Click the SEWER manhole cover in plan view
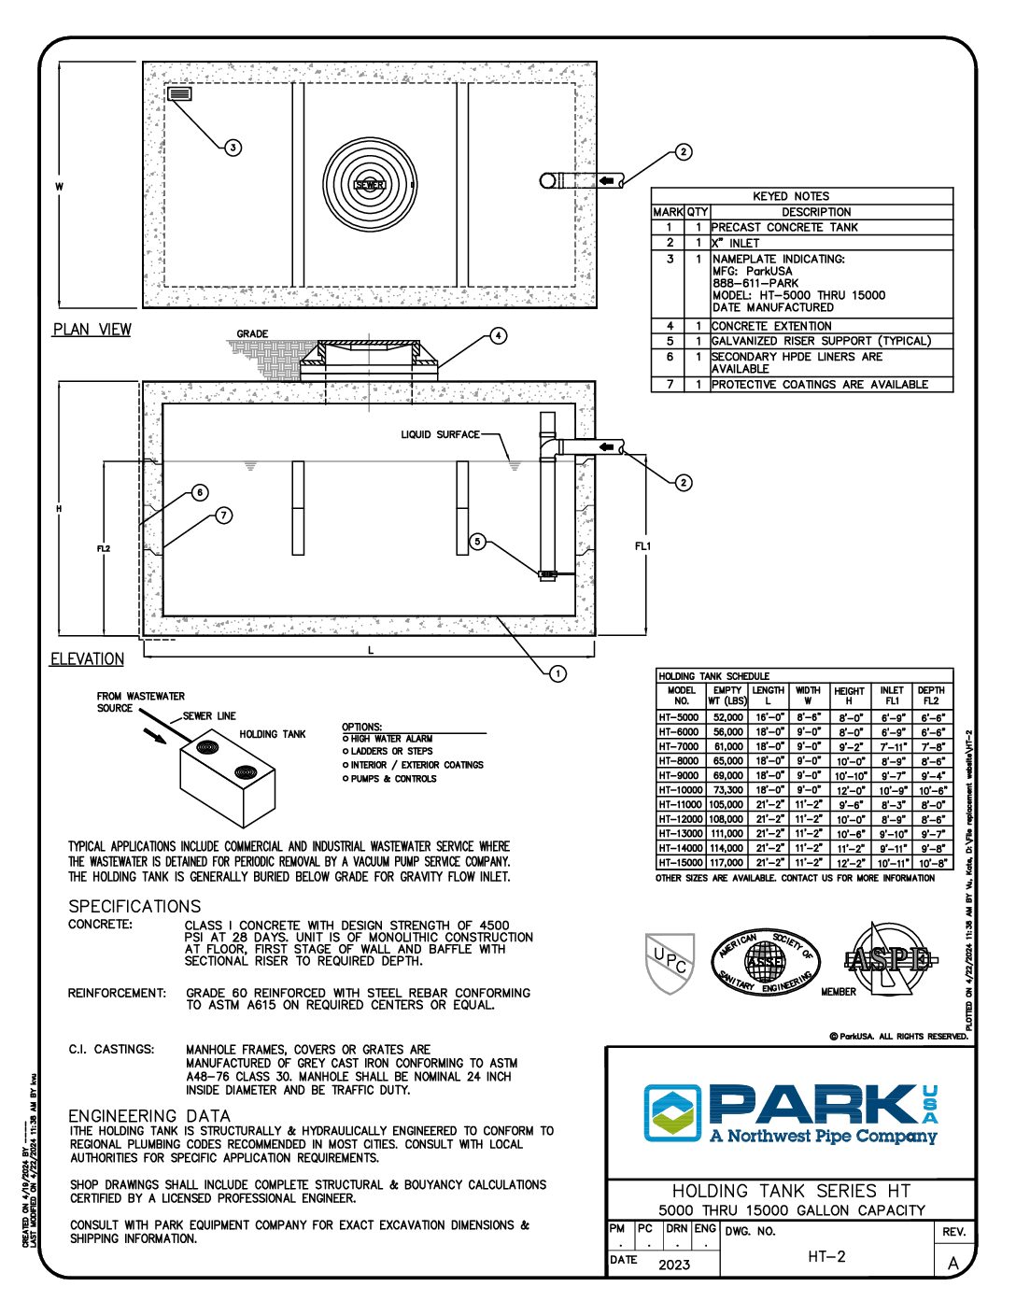370,184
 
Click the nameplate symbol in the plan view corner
179,93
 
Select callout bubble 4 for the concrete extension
499,335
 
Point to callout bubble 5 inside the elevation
477,542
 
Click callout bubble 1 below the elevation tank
557,673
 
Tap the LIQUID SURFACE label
440,434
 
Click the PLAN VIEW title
92,330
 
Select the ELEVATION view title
87,659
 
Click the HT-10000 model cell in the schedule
681,790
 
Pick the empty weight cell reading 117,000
727,863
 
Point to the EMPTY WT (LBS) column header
727,696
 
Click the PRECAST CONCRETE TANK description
784,228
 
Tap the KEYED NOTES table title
791,196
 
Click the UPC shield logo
670,962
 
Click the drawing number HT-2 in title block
826,1257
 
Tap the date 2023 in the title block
674,1265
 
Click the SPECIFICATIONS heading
134,906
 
